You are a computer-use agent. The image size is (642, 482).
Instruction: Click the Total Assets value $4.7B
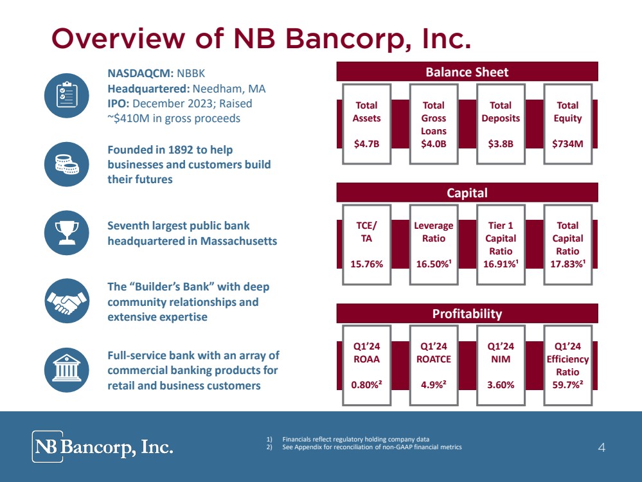coord(367,144)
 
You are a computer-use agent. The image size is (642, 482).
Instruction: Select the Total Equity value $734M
coord(567,144)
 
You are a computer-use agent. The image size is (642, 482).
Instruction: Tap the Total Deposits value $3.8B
coord(501,144)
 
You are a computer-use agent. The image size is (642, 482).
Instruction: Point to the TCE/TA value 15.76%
coord(367,263)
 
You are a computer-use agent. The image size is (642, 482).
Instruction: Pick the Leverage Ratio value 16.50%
coord(433,263)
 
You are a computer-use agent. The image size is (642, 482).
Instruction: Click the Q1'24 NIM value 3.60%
coord(501,386)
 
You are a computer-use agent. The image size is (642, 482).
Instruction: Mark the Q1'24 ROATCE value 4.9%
coord(433,386)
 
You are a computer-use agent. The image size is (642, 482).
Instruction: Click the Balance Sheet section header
coord(467,72)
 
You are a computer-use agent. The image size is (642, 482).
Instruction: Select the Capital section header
coord(467,193)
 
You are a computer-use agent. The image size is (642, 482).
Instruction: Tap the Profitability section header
coord(467,314)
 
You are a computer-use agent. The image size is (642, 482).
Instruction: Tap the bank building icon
coord(66,369)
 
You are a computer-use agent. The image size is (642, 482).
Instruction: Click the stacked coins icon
coord(66,165)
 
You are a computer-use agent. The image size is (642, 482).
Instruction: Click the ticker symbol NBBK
coord(190,73)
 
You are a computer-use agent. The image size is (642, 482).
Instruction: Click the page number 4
coord(602,448)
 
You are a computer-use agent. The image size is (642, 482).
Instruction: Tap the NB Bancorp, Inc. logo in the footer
coord(103,447)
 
